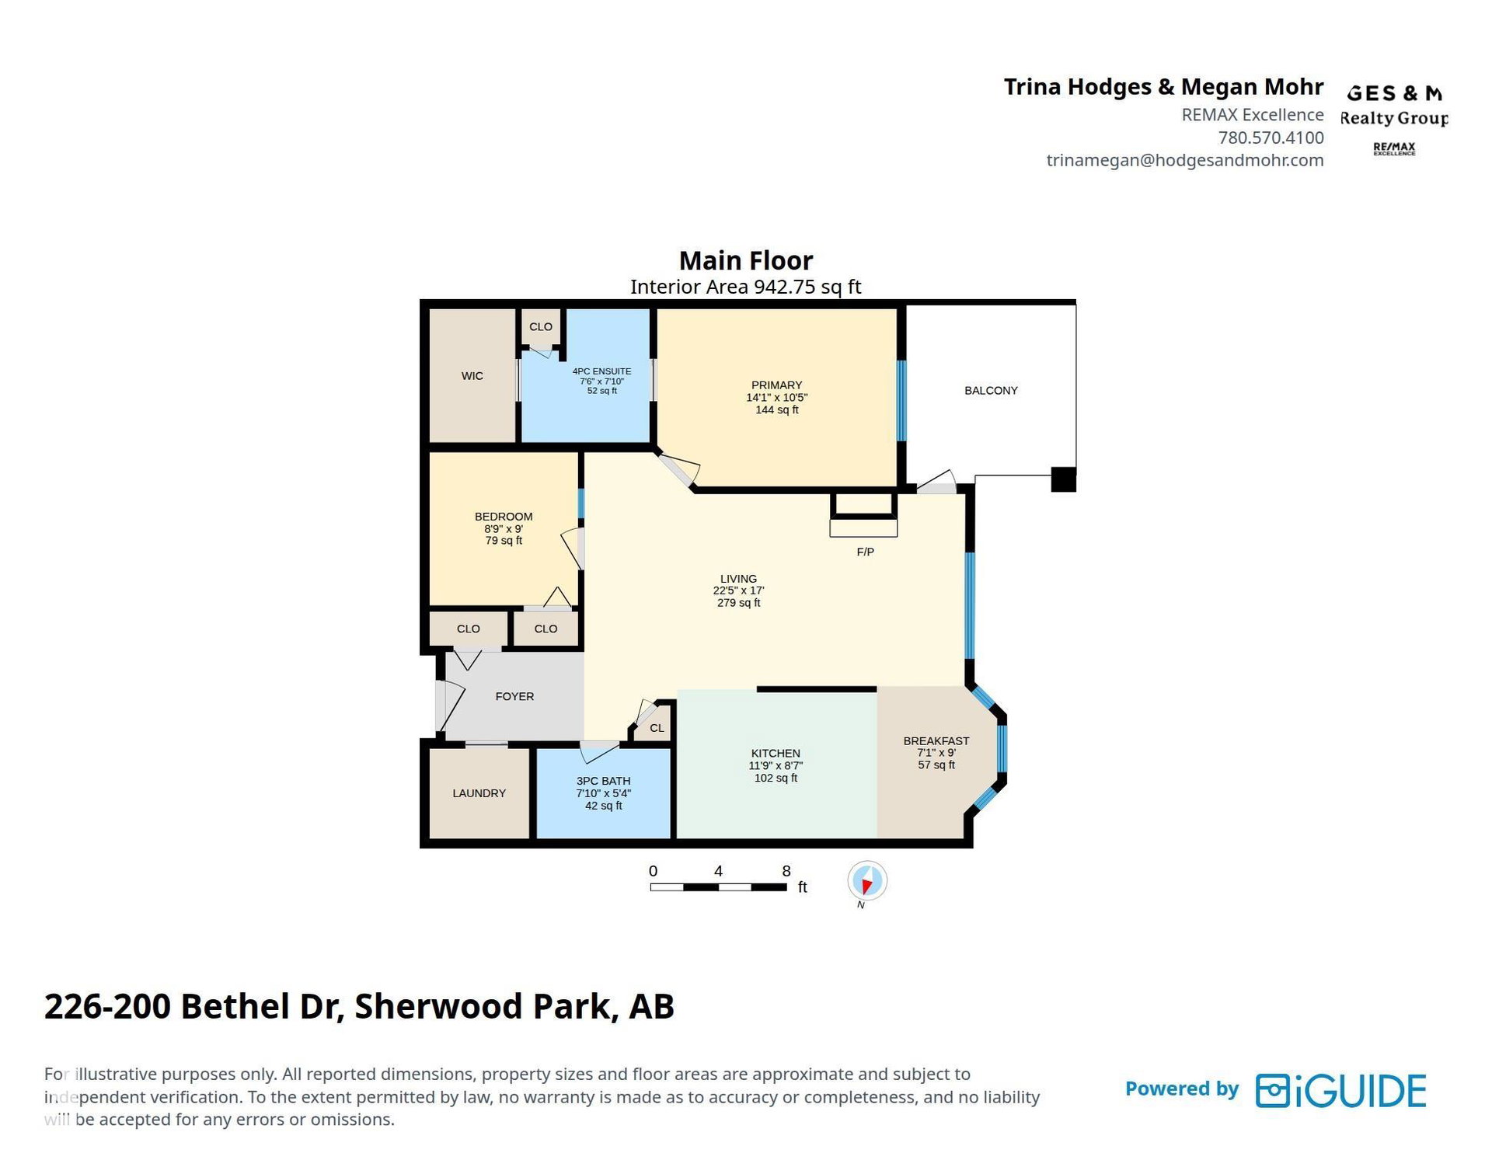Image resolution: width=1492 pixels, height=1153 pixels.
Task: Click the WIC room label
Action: click(472, 376)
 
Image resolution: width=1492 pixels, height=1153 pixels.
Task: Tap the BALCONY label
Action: click(991, 391)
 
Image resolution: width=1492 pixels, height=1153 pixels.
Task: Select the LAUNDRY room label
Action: click(479, 793)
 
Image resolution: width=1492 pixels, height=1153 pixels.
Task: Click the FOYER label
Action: click(514, 697)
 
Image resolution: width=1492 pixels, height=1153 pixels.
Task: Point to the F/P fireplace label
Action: click(865, 552)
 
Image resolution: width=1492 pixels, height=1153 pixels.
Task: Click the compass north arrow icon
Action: click(866, 882)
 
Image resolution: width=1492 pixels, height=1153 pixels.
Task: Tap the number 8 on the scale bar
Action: click(786, 871)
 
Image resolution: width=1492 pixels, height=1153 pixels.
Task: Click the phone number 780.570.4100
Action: click(1271, 138)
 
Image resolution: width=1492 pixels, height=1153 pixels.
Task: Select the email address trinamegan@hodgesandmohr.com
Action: click(1185, 160)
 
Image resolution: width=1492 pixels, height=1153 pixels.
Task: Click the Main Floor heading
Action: click(746, 260)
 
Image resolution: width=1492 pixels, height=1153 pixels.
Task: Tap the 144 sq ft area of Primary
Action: click(777, 410)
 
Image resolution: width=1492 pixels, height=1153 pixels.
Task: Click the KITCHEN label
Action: click(776, 754)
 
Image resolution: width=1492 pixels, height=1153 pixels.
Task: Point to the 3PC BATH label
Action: click(603, 782)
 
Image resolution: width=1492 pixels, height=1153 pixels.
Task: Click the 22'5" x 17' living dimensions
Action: click(738, 591)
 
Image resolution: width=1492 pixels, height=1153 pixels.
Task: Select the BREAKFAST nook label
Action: click(936, 741)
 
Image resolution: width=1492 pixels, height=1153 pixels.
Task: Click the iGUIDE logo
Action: click(1341, 1091)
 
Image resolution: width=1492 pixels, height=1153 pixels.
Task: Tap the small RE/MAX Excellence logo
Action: click(1394, 148)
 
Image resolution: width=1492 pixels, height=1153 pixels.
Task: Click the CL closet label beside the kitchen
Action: click(657, 729)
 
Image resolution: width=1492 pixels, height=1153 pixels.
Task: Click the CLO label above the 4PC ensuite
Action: click(541, 327)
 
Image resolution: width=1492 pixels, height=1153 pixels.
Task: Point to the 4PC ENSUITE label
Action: click(601, 371)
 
